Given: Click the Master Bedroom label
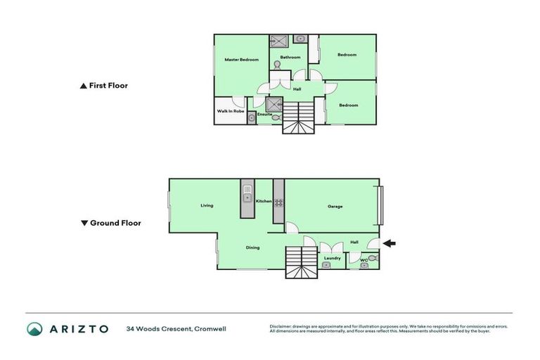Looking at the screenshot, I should pyautogui.click(x=241, y=60).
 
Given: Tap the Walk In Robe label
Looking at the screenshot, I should pyautogui.click(x=230, y=111).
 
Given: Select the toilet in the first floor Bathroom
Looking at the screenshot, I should pyautogui.click(x=278, y=65).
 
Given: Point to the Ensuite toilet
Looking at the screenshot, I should pyautogui.click(x=274, y=119).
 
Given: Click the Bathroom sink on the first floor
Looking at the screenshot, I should pyautogui.click(x=299, y=39).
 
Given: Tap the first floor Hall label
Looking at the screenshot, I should pyautogui.click(x=297, y=89).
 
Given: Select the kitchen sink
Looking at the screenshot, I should pyautogui.click(x=247, y=192).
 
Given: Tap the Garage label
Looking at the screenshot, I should pyautogui.click(x=335, y=206).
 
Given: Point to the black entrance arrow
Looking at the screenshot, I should pyautogui.click(x=389, y=243).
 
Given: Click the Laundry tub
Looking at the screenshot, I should pyautogui.click(x=326, y=266).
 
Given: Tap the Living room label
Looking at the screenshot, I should pyautogui.click(x=206, y=205).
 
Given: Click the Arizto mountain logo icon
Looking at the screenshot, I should pyautogui.click(x=34, y=328).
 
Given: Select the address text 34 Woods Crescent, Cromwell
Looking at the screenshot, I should pyautogui.click(x=176, y=328).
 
